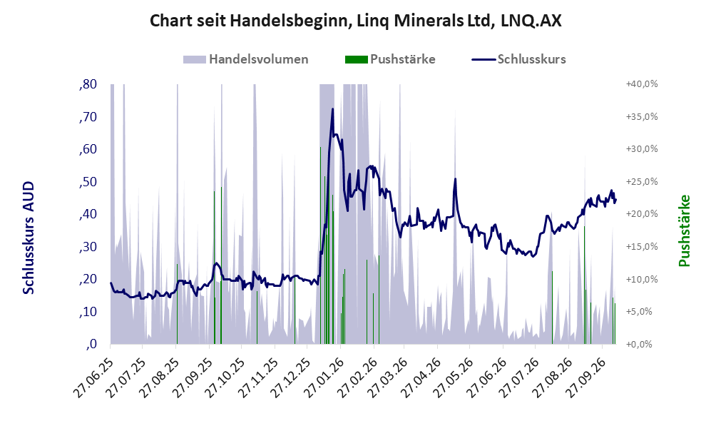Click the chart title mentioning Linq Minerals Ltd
coord(355,21)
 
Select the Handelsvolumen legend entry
coord(246,59)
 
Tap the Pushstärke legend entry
coord(390,59)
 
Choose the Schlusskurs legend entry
coord(518,59)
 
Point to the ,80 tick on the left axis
coord(88,84)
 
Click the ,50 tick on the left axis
coord(88,182)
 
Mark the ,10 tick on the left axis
coord(88,312)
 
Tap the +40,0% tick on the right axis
coord(642,84)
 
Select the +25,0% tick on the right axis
coord(642,181)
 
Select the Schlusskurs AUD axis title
coord(29,238)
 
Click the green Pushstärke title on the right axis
coord(684,230)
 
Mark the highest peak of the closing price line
coord(332,109)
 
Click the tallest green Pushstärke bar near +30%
coord(321,245)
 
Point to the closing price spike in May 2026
coord(455,179)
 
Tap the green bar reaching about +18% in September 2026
coord(585,285)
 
